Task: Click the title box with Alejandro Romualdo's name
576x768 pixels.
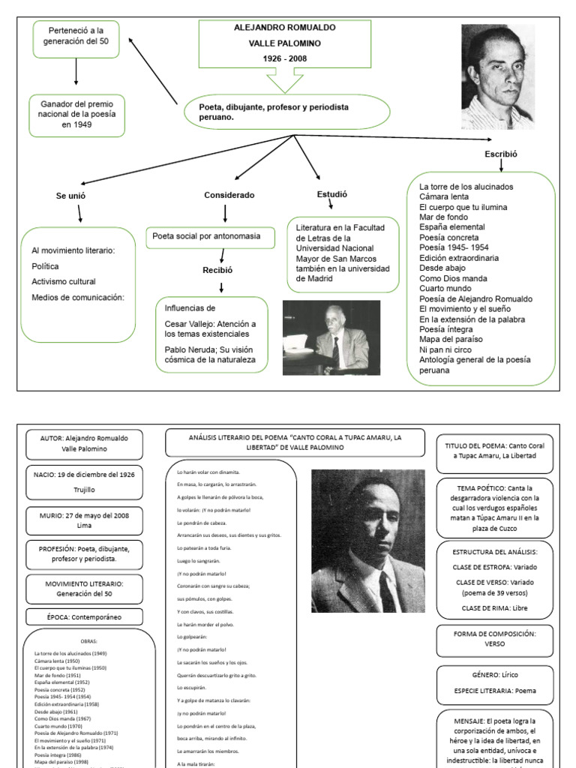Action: pyautogui.click(x=284, y=43)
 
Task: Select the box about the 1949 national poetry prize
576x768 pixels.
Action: pyautogui.click(x=76, y=114)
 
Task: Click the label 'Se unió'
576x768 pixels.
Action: pyautogui.click(x=70, y=195)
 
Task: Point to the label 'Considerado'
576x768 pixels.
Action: pyautogui.click(x=229, y=195)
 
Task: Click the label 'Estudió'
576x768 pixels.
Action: pyautogui.click(x=332, y=194)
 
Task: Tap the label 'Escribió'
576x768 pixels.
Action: pyautogui.click(x=502, y=154)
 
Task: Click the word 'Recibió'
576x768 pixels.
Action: pyautogui.click(x=217, y=270)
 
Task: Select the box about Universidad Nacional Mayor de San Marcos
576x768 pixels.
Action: pyautogui.click(x=343, y=253)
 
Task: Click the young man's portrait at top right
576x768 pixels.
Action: pyautogui.click(x=497, y=76)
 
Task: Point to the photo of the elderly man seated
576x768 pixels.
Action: pyautogui.click(x=331, y=337)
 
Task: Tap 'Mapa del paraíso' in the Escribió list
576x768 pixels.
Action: pyautogui.click(x=451, y=339)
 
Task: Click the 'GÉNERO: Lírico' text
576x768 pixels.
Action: pyautogui.click(x=494, y=675)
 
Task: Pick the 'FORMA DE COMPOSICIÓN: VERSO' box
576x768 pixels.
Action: pyautogui.click(x=494, y=638)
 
